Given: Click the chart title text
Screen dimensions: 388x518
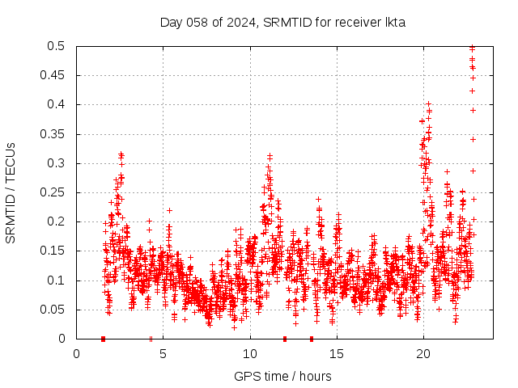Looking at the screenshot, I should point(282,22).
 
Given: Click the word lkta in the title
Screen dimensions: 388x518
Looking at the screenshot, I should point(394,22).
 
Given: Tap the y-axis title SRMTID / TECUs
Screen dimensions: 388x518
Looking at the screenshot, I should point(11,192).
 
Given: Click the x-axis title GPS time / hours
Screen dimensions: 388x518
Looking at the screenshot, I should point(282,376).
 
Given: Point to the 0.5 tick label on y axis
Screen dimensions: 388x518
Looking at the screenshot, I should point(55,46).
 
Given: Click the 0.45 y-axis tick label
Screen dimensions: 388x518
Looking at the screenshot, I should point(52,75).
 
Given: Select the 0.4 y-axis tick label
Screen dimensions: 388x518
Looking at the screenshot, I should point(55,104).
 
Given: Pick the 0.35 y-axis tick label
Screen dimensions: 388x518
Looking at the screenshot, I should point(52,134).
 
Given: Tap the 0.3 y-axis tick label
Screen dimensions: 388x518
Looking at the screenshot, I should point(55,163).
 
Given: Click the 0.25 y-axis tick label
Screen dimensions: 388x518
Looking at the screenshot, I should point(52,192).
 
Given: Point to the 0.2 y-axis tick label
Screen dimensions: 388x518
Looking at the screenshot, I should point(55,221).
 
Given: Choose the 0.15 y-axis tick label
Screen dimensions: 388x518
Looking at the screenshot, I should point(52,251).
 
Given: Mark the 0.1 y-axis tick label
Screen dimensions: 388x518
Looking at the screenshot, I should point(55,280).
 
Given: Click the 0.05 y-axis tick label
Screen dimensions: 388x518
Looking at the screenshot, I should point(52,310).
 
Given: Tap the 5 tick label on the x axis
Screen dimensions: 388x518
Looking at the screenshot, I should point(163,353).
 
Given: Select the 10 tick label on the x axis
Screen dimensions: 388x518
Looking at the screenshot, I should point(250,353).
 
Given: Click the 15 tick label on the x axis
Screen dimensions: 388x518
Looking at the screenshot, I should point(337,353).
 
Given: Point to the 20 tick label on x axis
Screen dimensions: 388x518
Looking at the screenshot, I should point(423,353).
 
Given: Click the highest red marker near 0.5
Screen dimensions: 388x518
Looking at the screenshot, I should point(473,48).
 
